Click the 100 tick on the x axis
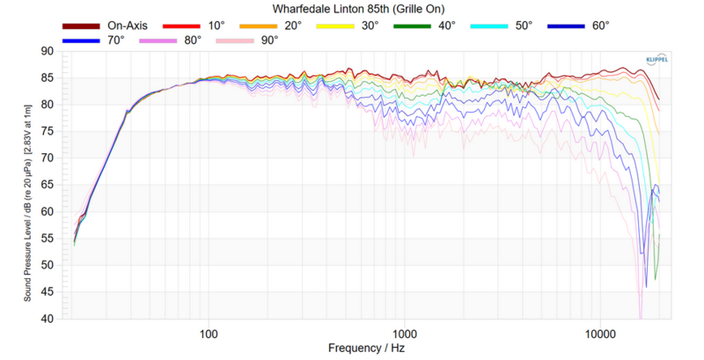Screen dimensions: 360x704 coord(209,333)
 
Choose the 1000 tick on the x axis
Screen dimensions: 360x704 coord(405,333)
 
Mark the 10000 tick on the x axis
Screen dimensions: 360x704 coord(601,333)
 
